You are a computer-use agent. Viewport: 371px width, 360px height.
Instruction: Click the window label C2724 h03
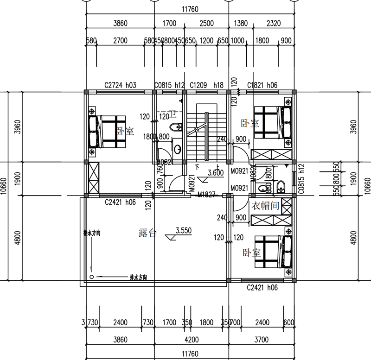point(120,85)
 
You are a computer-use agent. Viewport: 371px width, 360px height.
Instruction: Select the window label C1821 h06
point(262,85)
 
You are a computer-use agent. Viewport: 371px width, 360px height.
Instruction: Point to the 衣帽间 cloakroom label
point(265,206)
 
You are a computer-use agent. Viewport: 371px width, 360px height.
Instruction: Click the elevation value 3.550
point(184,230)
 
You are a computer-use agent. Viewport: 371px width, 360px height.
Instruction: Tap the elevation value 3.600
point(216,172)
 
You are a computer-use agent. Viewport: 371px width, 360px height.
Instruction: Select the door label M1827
point(207,195)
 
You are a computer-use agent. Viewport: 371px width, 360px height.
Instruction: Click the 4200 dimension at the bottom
point(191,340)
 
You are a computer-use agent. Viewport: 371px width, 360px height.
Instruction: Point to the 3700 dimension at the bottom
point(261,340)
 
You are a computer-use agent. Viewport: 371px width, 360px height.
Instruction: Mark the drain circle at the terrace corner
point(92,277)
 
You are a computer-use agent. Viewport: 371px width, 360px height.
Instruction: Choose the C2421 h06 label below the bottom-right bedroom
point(262,287)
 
